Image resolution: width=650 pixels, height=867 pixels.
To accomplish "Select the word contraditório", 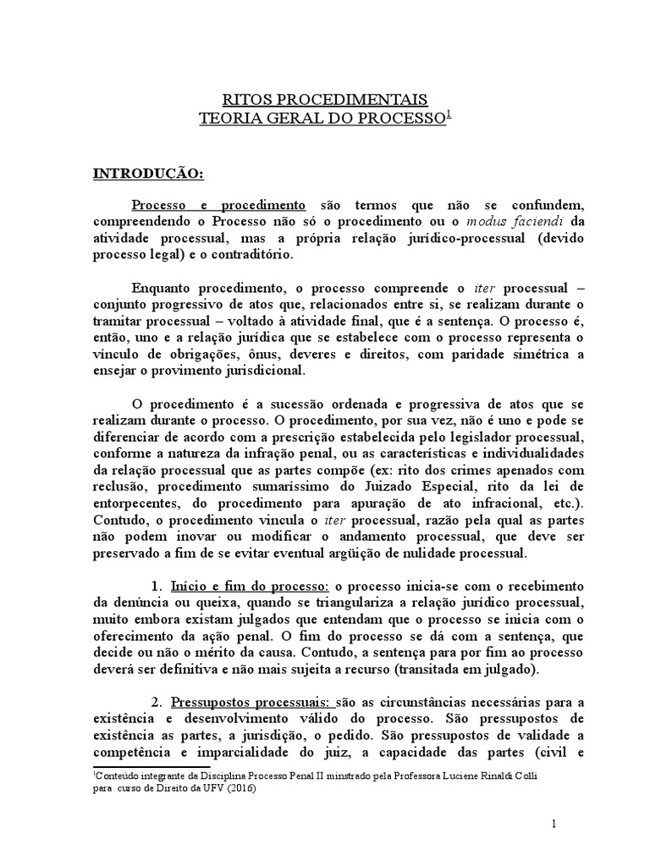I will point(251,254).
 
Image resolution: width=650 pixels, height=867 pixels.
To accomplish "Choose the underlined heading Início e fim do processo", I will point(250,586).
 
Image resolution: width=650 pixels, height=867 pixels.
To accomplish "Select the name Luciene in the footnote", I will point(457,775).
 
